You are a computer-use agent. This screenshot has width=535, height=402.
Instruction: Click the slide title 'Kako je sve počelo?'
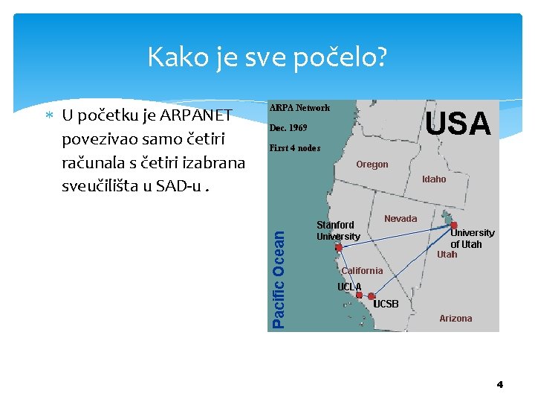click(267, 57)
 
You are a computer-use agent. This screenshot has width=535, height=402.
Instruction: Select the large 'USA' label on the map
click(458, 124)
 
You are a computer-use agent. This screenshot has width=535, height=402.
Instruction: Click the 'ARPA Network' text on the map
click(299, 108)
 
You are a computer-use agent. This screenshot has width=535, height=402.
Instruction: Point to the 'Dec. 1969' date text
click(288, 128)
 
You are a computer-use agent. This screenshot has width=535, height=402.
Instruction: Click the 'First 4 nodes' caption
click(295, 148)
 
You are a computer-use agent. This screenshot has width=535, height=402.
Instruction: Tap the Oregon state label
click(372, 165)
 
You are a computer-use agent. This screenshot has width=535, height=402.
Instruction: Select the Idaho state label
click(434, 179)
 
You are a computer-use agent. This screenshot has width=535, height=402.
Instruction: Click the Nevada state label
click(401, 219)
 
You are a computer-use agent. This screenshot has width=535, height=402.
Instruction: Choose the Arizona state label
click(455, 319)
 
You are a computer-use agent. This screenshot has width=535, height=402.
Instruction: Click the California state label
click(362, 271)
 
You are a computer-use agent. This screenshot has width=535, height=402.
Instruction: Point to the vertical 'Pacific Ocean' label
click(279, 277)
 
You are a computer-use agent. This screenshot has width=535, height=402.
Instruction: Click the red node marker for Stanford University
click(339, 248)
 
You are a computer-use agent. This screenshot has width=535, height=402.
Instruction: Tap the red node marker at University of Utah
click(453, 225)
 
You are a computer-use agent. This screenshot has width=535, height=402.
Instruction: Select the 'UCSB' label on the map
click(386, 304)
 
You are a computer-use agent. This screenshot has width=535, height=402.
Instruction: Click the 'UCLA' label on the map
click(349, 287)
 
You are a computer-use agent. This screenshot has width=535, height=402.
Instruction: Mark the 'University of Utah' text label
click(472, 238)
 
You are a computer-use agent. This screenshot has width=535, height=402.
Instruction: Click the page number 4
click(499, 384)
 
